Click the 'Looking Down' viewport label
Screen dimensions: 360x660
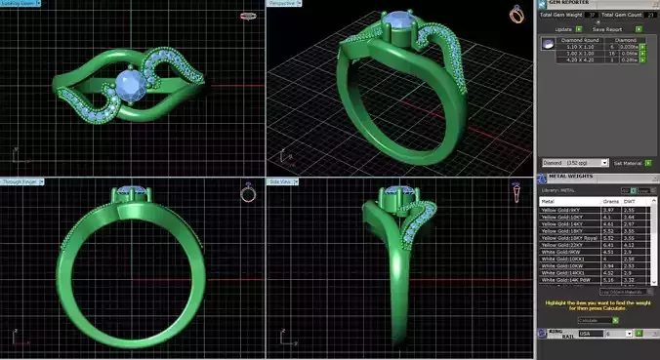point(19,4)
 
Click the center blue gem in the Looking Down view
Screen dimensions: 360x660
point(127,83)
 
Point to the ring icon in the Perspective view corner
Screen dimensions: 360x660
point(516,14)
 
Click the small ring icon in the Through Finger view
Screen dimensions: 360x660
point(248,192)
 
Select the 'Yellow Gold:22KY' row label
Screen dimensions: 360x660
point(564,245)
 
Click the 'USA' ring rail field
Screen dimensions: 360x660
point(589,334)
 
